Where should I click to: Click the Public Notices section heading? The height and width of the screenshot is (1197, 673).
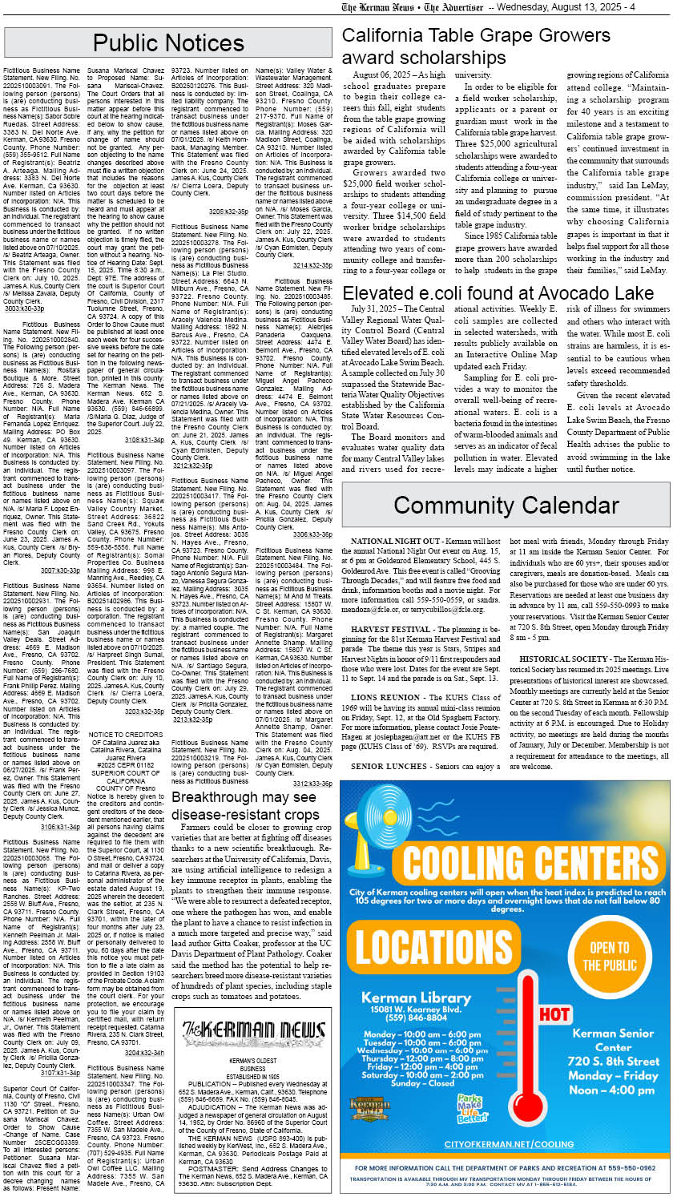(167, 42)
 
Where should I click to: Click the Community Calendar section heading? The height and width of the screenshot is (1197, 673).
(506, 505)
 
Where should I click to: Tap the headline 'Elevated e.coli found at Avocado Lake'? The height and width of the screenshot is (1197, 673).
(498, 292)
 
